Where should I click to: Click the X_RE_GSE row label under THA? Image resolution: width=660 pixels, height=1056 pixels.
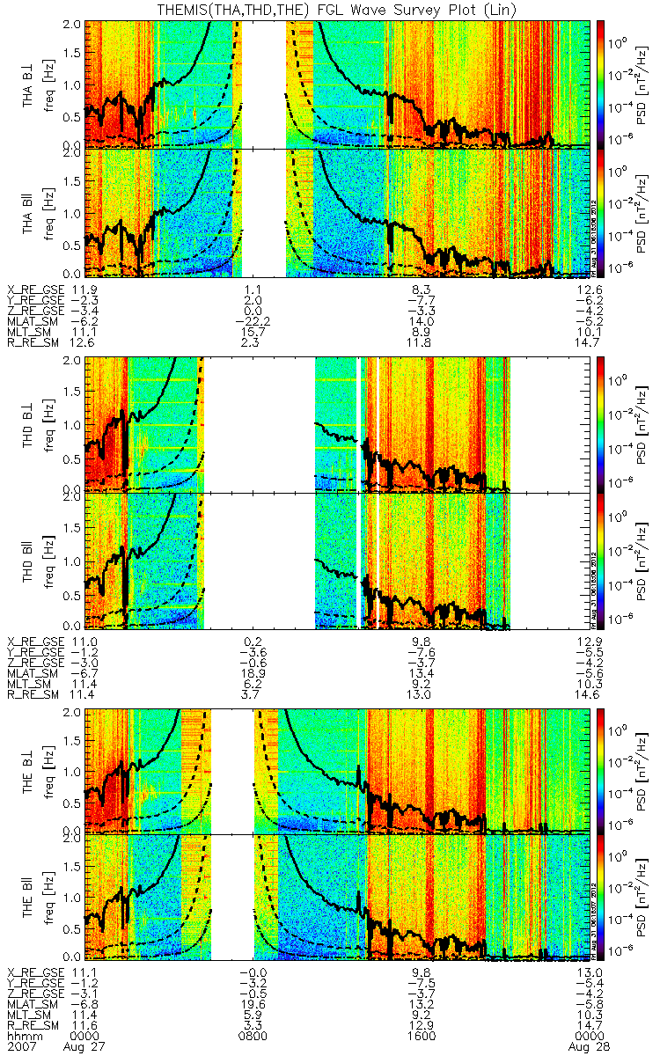click(36, 290)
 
